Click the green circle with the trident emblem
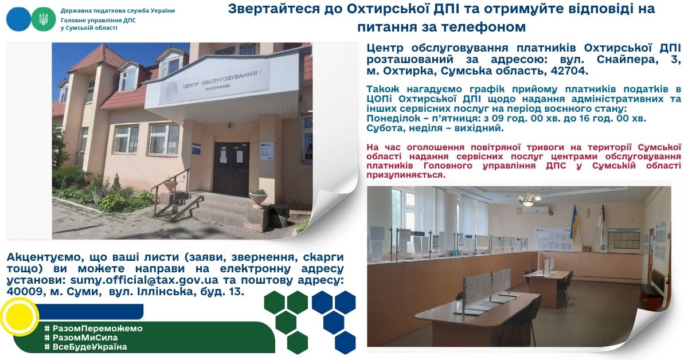pos(44,19)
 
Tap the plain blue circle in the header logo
pos(18,19)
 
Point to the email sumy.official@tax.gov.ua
pos(144,280)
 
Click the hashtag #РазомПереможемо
pos(93,328)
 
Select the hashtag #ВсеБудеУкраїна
pos(85,347)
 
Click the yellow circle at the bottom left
pos(19,316)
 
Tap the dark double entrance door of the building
pos(231,169)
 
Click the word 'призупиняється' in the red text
pos(406,175)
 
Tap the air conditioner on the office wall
pos(537,210)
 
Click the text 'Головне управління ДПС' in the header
pos(98,20)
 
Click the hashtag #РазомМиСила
pos(81,338)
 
